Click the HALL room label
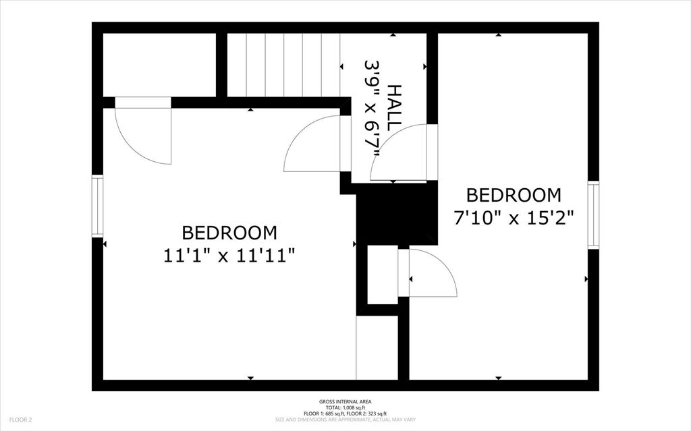pyautogui.click(x=395, y=107)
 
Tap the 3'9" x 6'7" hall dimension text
pyautogui.click(x=372, y=109)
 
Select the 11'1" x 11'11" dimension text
pyautogui.click(x=229, y=256)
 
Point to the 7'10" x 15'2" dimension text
pyautogui.click(x=514, y=218)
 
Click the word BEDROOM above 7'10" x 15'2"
pyautogui.click(x=514, y=195)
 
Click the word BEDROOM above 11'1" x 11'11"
pyautogui.click(x=229, y=233)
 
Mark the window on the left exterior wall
pyautogui.click(x=97, y=206)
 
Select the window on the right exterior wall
pyautogui.click(x=594, y=215)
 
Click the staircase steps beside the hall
pyautogui.click(x=284, y=65)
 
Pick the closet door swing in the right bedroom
pyautogui.click(x=433, y=272)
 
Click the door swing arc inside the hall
pyautogui.click(x=398, y=152)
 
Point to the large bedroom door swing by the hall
pyautogui.click(x=312, y=144)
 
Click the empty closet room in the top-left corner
pyautogui.click(x=159, y=65)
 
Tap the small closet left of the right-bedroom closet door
pyautogui.click(x=383, y=275)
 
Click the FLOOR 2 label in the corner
pyautogui.click(x=20, y=420)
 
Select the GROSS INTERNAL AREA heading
pyautogui.click(x=345, y=401)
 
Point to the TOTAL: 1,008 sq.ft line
pyautogui.click(x=345, y=407)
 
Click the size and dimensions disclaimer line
pyautogui.click(x=345, y=420)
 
